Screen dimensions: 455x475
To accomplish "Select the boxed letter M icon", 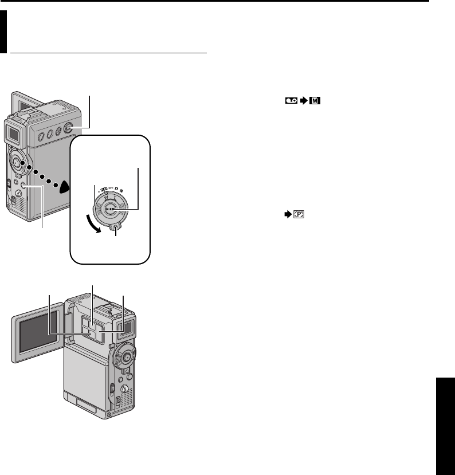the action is [x=314, y=100].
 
